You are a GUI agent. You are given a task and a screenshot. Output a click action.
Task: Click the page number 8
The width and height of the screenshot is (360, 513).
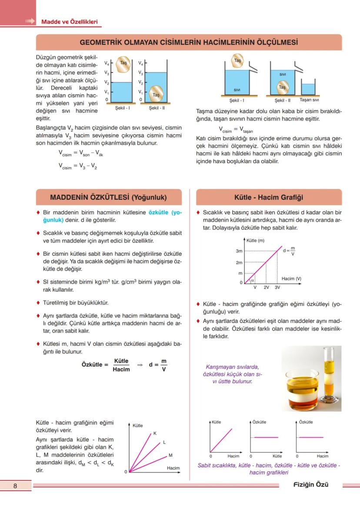pos(15,486)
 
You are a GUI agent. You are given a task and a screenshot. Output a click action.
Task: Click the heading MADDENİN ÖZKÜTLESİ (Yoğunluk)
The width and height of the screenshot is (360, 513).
pos(108,197)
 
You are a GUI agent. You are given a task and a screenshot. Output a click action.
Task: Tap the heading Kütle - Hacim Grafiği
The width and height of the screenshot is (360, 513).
pos(268,197)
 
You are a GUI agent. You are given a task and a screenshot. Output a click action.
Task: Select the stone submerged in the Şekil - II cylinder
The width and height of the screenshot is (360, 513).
pos(157,94)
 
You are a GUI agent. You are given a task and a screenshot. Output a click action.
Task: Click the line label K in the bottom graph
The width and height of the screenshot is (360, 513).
pos(155,433)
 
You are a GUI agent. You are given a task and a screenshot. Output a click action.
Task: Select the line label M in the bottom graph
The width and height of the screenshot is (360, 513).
pos(170,455)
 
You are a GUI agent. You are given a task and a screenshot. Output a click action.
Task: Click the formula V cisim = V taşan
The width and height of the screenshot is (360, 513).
pos(236,130)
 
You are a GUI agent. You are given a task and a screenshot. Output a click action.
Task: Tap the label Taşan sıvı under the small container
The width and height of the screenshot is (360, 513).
pos(309,100)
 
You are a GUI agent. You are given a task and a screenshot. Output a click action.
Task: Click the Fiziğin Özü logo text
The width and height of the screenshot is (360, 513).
pos(311,485)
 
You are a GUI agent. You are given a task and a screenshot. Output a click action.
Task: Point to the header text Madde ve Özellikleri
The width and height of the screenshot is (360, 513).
pos(69,21)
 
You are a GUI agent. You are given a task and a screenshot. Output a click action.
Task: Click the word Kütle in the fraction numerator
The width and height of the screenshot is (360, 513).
pos(121,361)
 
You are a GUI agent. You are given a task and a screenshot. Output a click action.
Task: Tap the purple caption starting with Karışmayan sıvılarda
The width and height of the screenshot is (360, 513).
pos(233,374)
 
